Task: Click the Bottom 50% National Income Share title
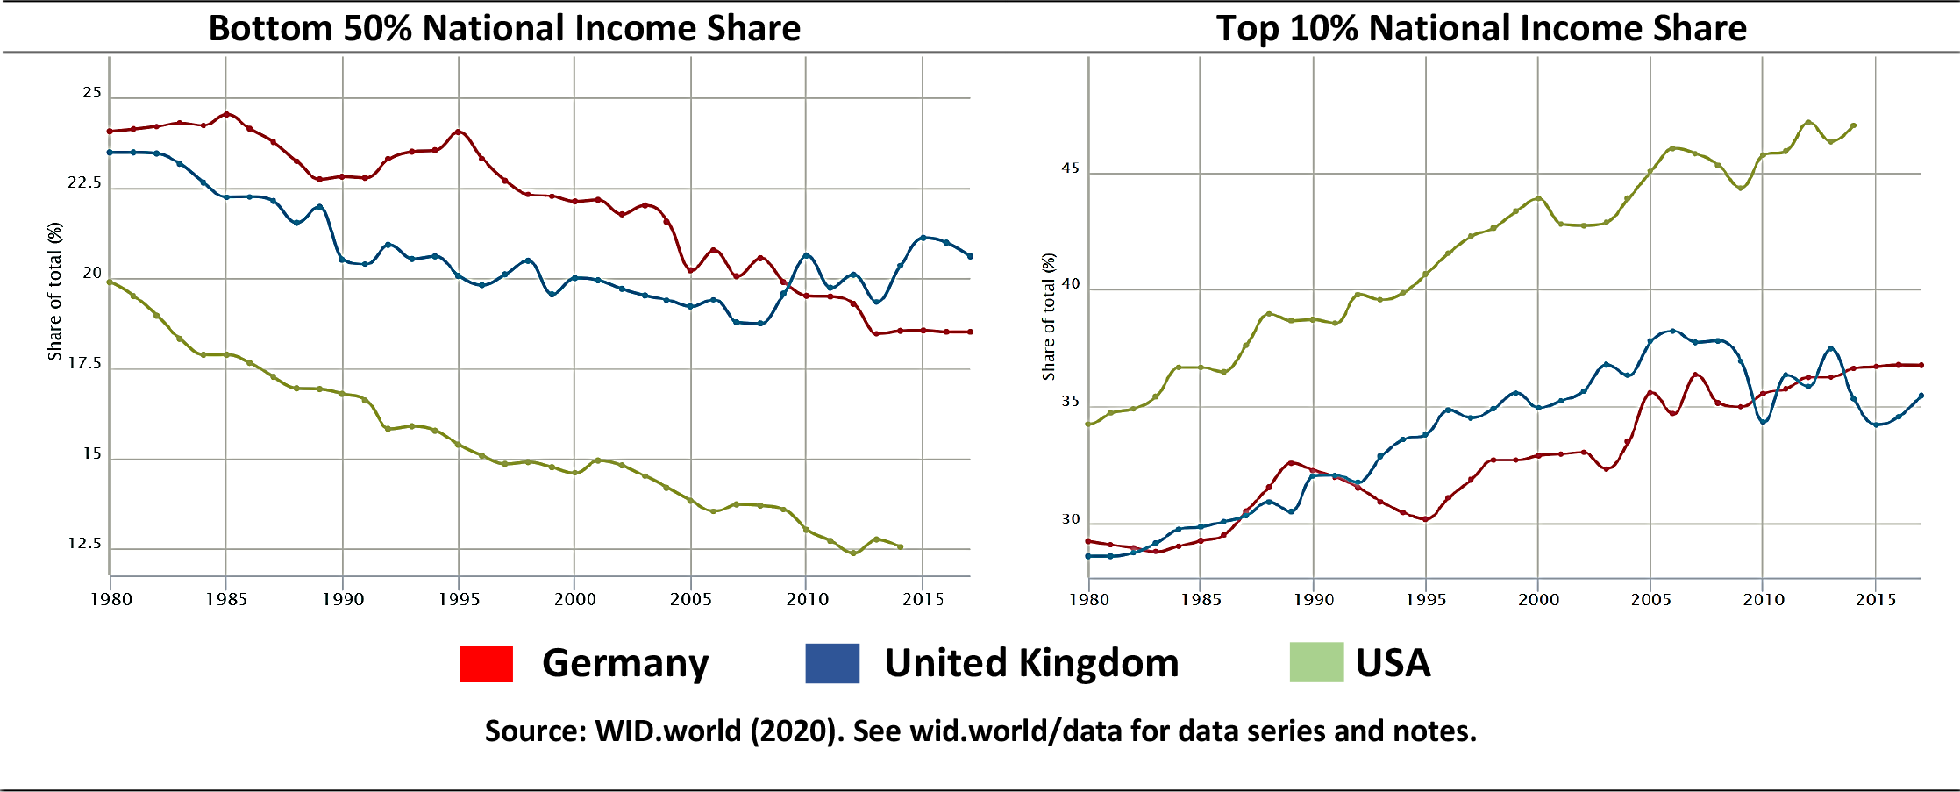504,28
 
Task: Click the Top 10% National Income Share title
1480,28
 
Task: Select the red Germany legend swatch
486,663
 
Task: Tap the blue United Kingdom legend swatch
832,663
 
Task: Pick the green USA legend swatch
1316,662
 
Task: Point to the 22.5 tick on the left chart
84,182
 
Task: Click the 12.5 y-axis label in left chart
84,544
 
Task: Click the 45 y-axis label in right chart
1071,168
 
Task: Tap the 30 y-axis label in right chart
1071,519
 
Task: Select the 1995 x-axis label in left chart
460,599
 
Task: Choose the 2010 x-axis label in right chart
1764,599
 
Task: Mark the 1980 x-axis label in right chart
1089,599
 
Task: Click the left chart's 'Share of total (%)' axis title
54,291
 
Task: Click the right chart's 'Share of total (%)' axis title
1048,317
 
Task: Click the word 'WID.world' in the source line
667,731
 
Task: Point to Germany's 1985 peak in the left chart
226,114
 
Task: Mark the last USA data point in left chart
901,546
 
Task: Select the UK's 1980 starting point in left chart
110,153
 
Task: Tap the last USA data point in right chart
1854,125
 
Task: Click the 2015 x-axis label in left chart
923,599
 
